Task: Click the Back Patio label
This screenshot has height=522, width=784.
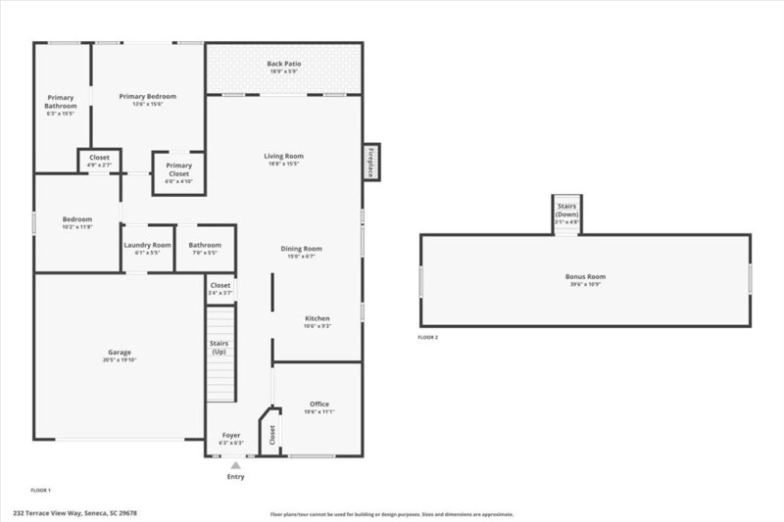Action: [x=284, y=64]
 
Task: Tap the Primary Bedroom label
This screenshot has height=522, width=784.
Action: [x=148, y=96]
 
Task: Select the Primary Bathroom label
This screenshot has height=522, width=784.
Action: [x=62, y=102]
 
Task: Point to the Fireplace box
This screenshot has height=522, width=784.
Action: [x=371, y=163]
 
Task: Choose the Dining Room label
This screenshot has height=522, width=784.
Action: [x=301, y=249]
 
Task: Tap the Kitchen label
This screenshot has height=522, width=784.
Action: [x=318, y=319]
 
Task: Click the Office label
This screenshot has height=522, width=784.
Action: [x=319, y=403]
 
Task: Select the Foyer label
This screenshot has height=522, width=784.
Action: [x=230, y=435]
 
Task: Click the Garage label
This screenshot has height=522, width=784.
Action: [x=120, y=353]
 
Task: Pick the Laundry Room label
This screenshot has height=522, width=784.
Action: [x=147, y=245]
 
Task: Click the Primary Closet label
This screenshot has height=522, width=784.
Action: [x=178, y=169]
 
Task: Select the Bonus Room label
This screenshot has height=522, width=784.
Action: [x=585, y=277]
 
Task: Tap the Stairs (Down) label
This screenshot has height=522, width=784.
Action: [x=567, y=211]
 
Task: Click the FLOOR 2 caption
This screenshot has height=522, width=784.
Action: [x=428, y=337]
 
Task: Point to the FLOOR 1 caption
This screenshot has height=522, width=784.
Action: [x=40, y=489]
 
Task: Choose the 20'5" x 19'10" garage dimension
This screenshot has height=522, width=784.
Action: [x=120, y=360]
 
